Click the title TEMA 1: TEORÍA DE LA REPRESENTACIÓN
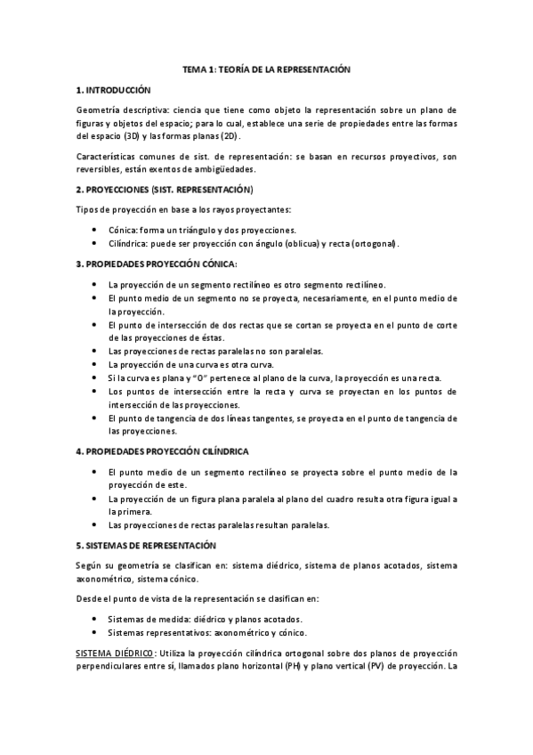tap(267, 69)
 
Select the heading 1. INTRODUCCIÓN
tap(115, 90)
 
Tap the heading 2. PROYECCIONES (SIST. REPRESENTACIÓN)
tap(165, 190)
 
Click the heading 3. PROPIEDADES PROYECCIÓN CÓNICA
tap(157, 264)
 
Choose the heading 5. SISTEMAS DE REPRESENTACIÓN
tap(147, 544)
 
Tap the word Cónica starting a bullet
tap(123, 229)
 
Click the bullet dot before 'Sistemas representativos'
tap(96, 633)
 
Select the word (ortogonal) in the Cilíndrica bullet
tap(375, 243)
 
